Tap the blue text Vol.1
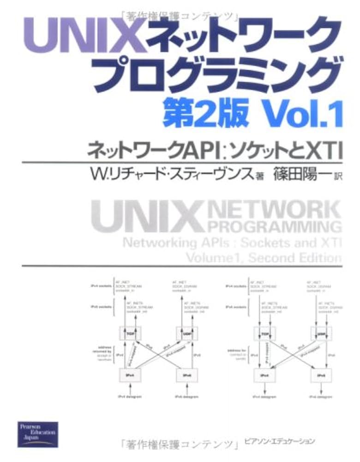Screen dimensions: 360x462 [x=302, y=113]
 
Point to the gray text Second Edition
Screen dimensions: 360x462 [x=295, y=257]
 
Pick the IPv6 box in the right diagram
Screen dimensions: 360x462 [x=320, y=375]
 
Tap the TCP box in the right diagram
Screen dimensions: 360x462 [x=264, y=332]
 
